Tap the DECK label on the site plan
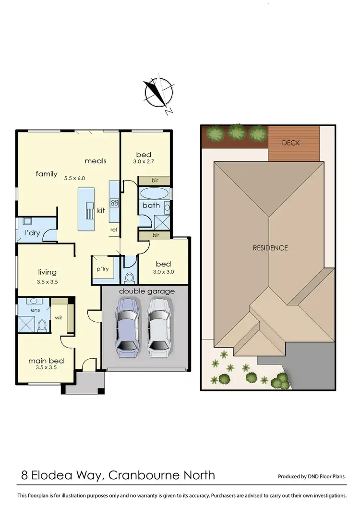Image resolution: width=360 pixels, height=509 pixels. click(291, 143)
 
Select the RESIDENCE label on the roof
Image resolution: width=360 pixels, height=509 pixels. click(270, 248)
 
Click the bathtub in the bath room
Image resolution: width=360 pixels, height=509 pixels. click(154, 194)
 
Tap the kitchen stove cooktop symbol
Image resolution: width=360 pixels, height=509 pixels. click(114, 203)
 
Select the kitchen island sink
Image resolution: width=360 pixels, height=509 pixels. click(89, 209)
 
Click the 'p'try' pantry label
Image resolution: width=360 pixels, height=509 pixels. click(102, 269)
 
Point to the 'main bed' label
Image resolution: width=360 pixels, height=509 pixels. click(46, 361)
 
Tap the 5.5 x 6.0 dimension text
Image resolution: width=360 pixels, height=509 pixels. click(74, 178)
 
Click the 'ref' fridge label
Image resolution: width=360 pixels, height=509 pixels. click(114, 230)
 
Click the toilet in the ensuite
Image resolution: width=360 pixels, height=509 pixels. click(42, 326)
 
